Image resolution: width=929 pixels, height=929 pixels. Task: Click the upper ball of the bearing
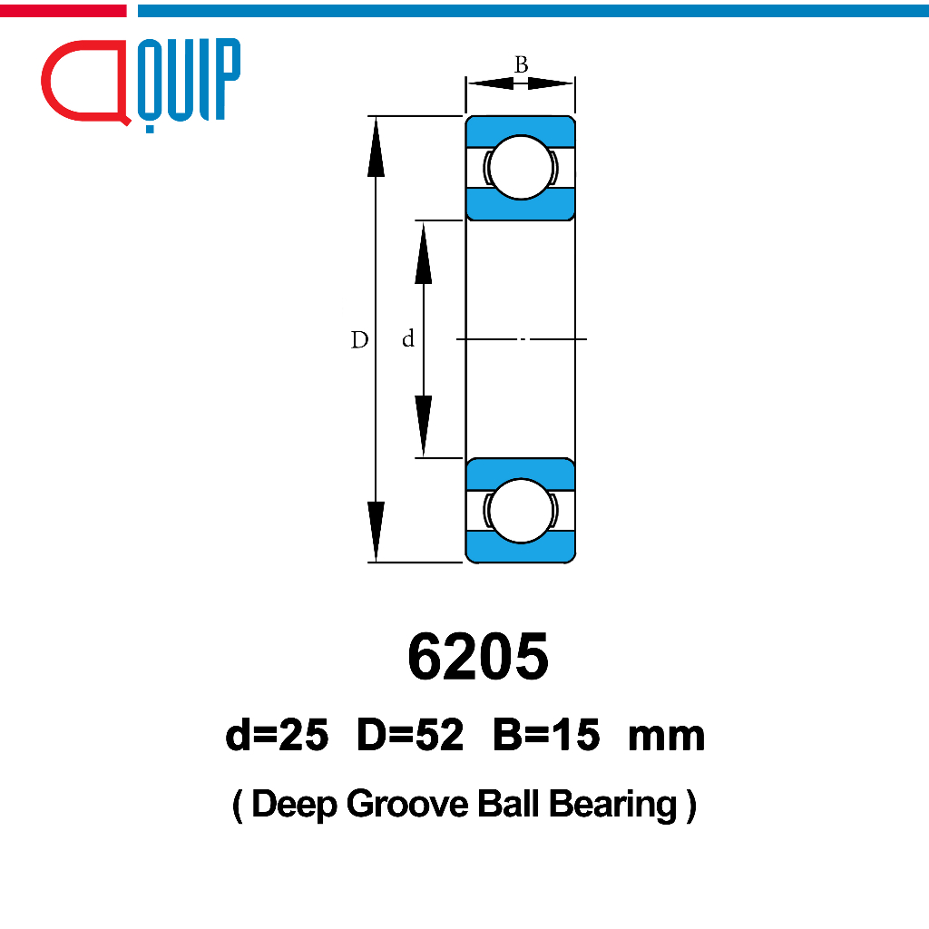click(521, 168)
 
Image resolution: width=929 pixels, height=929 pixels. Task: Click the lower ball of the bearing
click(521, 511)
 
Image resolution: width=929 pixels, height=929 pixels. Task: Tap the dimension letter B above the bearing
click(522, 64)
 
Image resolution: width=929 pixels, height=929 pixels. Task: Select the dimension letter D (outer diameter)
click(359, 340)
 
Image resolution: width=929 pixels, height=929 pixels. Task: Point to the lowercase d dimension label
click(408, 339)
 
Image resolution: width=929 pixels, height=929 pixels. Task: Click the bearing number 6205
click(478, 657)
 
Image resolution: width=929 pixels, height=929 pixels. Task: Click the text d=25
click(277, 735)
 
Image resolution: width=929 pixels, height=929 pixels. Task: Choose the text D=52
click(410, 735)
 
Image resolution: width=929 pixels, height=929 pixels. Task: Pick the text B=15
click(546, 735)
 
